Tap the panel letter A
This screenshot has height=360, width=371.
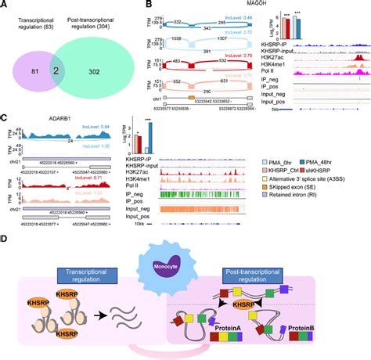[x=5, y=5]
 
